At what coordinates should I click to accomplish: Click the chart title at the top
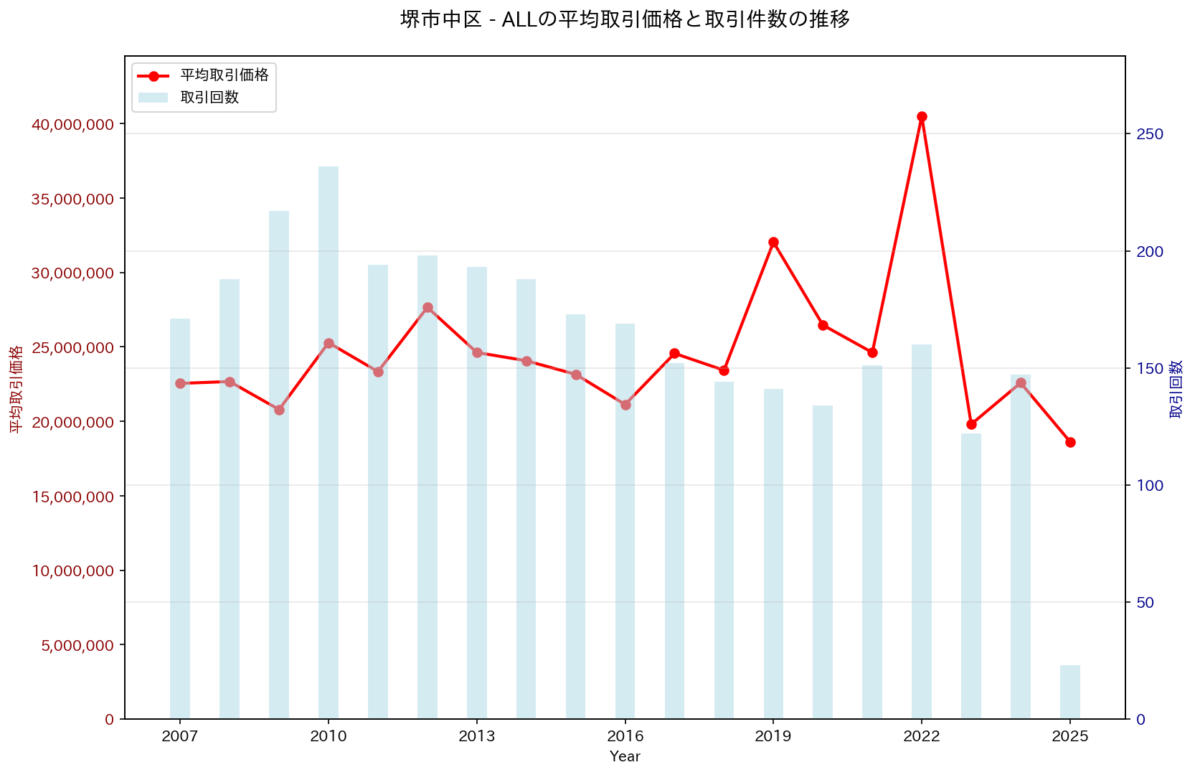tap(625, 19)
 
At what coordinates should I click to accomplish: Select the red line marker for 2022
tap(922, 116)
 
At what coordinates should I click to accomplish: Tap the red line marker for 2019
tap(773, 242)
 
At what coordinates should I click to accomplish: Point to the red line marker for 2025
tap(1070, 442)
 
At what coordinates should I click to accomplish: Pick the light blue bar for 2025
tap(1070, 692)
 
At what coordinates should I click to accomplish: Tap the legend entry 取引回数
tap(209, 98)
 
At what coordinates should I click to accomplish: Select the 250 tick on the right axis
tap(1149, 134)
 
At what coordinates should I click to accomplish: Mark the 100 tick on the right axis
tap(1149, 485)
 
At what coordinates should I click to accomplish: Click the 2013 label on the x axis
tap(477, 736)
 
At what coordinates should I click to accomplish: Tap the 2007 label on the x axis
tap(180, 736)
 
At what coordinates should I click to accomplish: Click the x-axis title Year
tap(625, 756)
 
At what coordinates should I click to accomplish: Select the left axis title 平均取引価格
tap(16, 389)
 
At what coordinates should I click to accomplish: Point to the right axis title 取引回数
tap(1176, 389)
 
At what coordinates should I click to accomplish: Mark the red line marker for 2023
tap(971, 424)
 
